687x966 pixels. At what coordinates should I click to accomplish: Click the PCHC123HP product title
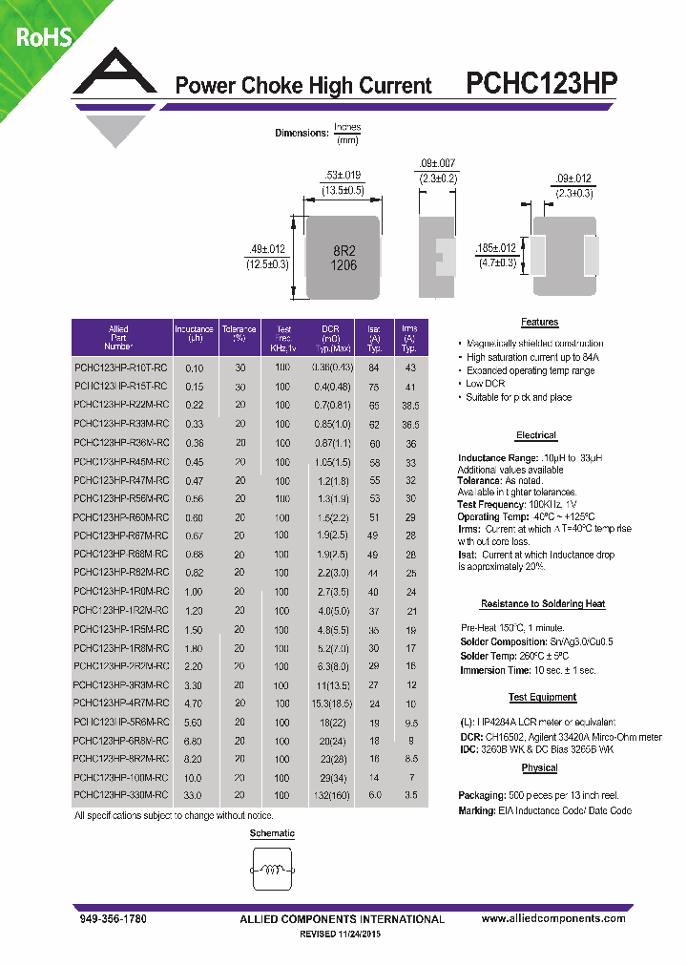[x=541, y=84]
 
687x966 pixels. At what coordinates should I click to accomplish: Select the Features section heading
[x=539, y=323]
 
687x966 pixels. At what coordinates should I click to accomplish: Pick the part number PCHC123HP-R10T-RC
[x=120, y=367]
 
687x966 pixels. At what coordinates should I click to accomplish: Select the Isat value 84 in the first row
[x=373, y=367]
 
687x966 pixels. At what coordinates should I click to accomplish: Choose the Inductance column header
[x=194, y=334]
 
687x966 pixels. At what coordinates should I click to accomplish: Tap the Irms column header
[x=409, y=334]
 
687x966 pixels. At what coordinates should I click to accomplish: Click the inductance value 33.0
[x=194, y=794]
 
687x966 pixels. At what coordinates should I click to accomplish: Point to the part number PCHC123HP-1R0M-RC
[x=120, y=592]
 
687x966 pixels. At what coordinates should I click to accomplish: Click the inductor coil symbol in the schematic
[x=272, y=871]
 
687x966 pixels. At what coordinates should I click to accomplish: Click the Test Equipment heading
[x=543, y=698]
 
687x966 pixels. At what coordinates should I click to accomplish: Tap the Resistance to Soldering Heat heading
[x=542, y=604]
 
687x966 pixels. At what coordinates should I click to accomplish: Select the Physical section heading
[x=539, y=768]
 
